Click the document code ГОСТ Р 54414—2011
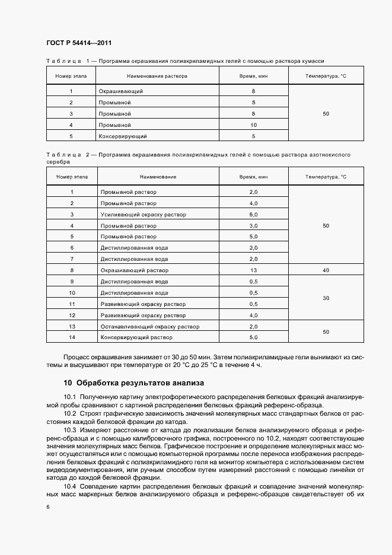pos(79,43)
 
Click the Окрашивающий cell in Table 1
pos(121,91)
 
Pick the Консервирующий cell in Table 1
pos(123,136)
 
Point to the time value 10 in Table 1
pos(253,125)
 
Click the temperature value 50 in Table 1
pos(326,114)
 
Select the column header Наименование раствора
pos(157,76)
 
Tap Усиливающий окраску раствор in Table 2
pos(143,215)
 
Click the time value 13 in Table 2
pos(253,270)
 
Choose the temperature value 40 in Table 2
pos(326,270)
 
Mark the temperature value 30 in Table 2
pos(326,298)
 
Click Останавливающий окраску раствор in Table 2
pos(150,327)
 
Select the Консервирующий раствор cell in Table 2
pos(136,337)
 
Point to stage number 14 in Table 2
pos(72,337)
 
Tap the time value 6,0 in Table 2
pos(253,215)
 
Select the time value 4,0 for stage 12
pos(253,315)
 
